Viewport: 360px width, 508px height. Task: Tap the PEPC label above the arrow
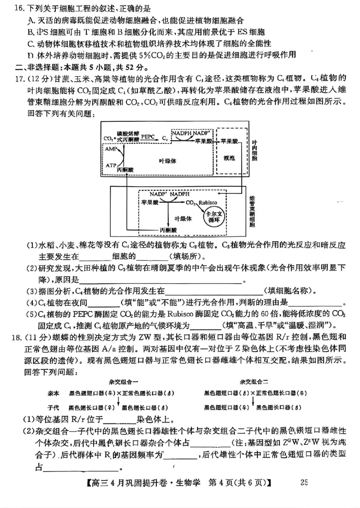point(148,135)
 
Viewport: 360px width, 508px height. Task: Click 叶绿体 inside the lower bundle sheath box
point(183,219)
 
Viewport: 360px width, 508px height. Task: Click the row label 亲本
point(54,392)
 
